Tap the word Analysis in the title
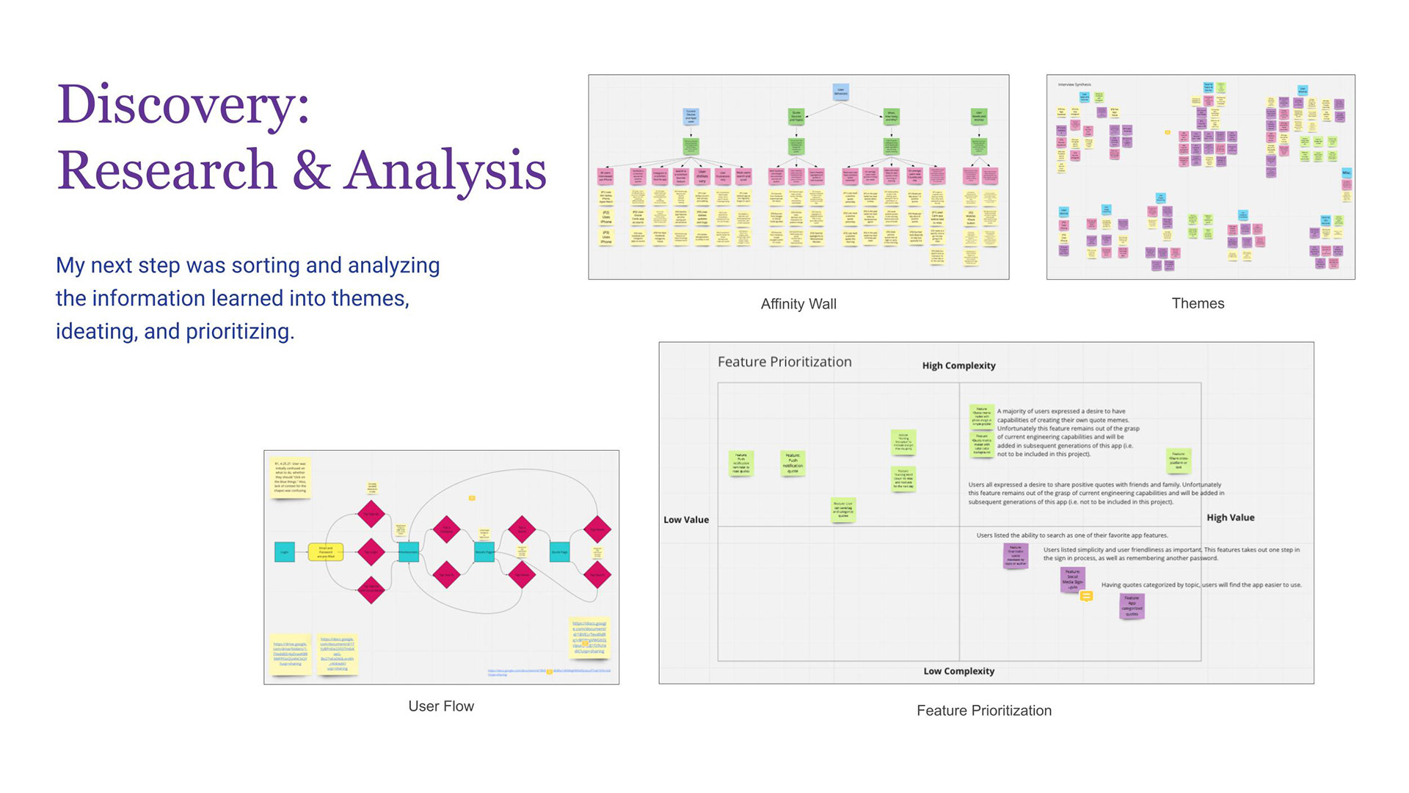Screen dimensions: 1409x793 [445, 170]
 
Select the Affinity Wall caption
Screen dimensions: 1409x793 [798, 304]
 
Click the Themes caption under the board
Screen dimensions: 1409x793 [1198, 303]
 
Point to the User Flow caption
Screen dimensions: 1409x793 [441, 706]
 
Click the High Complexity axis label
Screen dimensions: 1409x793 [958, 366]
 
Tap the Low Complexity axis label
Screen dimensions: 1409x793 [958, 671]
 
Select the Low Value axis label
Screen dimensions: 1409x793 [686, 520]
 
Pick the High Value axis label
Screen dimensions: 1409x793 [1231, 518]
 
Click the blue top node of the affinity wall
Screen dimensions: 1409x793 [841, 92]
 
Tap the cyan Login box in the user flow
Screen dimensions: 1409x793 [285, 552]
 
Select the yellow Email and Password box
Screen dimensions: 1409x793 [326, 552]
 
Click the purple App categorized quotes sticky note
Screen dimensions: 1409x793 [1132, 606]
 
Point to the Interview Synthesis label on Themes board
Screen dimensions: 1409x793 [1074, 85]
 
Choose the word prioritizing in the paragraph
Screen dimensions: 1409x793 [239, 332]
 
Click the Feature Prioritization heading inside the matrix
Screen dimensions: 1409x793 [784, 362]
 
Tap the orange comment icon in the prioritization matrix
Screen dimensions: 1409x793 [1087, 596]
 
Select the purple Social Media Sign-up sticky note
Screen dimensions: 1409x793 [1072, 579]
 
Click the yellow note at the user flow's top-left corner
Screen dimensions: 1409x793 [291, 477]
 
